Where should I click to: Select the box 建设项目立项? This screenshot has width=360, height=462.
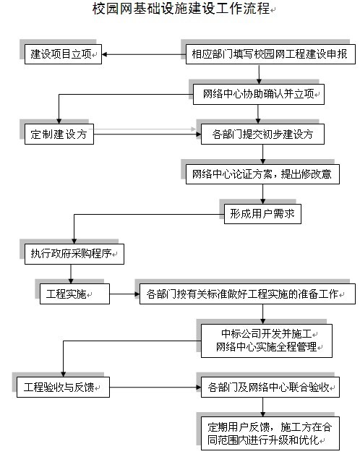(x=63, y=54)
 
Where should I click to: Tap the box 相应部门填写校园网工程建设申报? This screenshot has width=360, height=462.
(x=270, y=54)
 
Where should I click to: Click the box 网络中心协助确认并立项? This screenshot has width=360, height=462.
(x=259, y=94)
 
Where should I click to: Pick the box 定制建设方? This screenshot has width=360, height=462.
(x=59, y=134)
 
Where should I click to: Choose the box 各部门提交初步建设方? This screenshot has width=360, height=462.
(x=263, y=134)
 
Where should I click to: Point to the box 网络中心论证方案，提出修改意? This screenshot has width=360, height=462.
(x=262, y=174)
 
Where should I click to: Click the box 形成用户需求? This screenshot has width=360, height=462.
(x=262, y=214)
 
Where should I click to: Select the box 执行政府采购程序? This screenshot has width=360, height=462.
(x=74, y=254)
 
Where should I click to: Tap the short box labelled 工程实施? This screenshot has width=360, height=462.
(x=75, y=294)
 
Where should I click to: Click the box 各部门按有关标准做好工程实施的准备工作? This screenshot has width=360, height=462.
(x=247, y=294)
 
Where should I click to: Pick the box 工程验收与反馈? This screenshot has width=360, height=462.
(x=63, y=387)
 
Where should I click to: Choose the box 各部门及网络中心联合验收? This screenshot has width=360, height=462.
(x=270, y=387)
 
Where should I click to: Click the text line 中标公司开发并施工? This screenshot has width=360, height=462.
(x=267, y=334)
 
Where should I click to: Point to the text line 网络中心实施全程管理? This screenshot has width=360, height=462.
(x=267, y=347)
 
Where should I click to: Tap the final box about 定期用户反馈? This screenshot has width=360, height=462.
(x=270, y=433)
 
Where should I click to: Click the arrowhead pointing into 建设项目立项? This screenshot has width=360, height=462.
(x=104, y=54)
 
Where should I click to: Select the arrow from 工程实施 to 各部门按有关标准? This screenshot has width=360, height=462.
(x=124, y=294)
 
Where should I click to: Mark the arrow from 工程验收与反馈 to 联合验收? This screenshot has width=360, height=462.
(x=155, y=387)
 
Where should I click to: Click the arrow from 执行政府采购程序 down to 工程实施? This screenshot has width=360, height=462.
(x=71, y=274)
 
